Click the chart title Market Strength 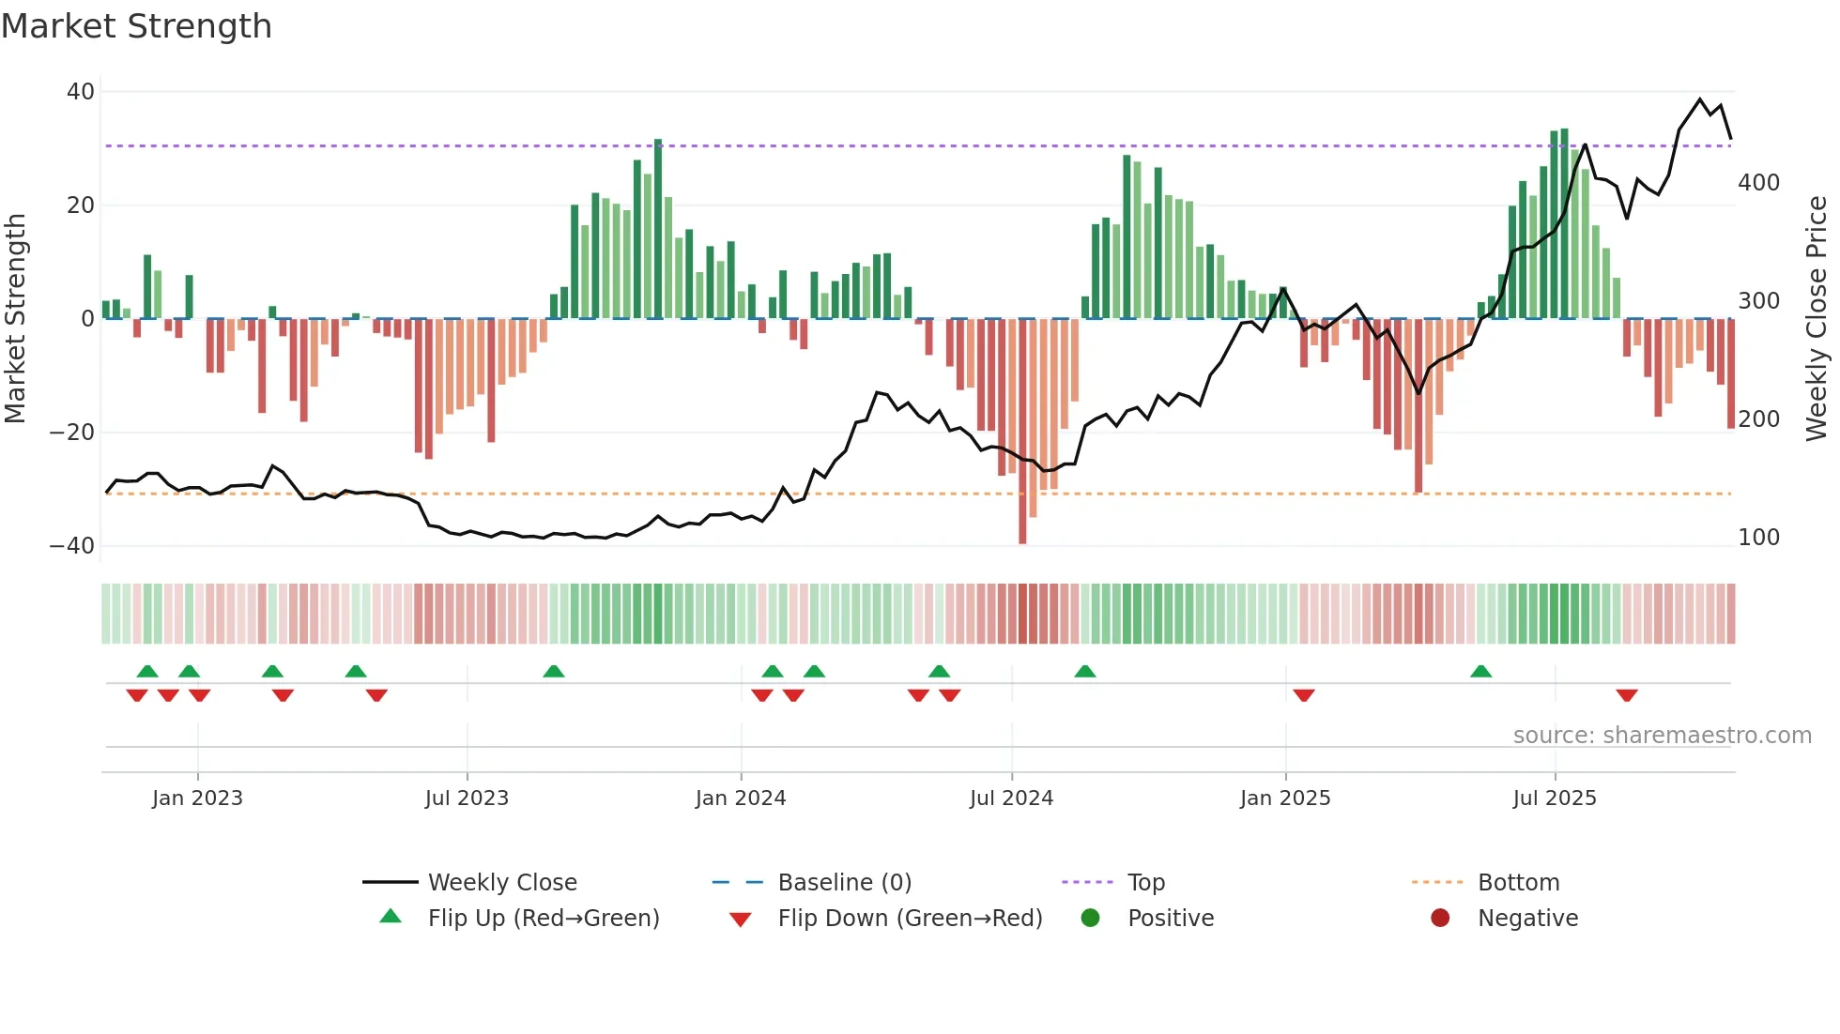(136, 26)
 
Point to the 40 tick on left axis (81, 92)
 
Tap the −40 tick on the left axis (72, 546)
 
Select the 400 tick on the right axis (1758, 183)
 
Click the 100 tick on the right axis (1758, 538)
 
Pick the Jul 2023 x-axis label (467, 798)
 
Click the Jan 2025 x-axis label (1285, 798)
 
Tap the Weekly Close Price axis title (1817, 319)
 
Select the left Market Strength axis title (15, 319)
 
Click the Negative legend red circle (1440, 918)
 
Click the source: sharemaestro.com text (1662, 736)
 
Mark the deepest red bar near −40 (1022, 432)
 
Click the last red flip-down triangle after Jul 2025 (1627, 695)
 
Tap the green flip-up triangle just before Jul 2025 (1480, 671)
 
